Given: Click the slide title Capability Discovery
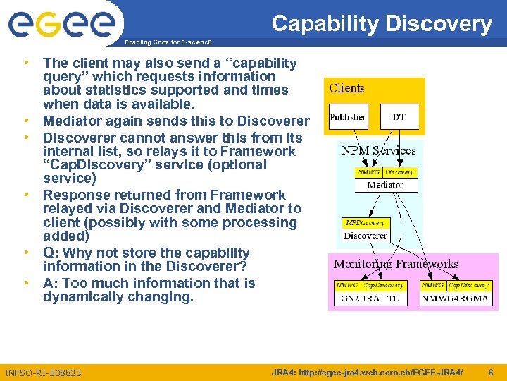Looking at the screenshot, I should click(x=382, y=24).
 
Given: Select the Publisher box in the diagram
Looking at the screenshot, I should click(x=348, y=116).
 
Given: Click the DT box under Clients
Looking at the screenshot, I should click(x=399, y=116).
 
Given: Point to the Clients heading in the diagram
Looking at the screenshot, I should click(x=346, y=89).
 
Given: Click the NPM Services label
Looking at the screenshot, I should click(x=378, y=150).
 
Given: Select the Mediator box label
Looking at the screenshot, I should click(x=385, y=185).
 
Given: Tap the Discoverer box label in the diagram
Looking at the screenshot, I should click(x=365, y=236).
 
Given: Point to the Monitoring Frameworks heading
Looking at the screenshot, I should click(x=396, y=265).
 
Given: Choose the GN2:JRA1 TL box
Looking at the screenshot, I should click(x=370, y=298).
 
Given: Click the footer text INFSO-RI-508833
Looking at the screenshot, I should click(x=43, y=373).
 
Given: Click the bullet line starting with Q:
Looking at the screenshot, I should click(x=146, y=253).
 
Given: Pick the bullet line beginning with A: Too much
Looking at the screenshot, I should click(x=149, y=283).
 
